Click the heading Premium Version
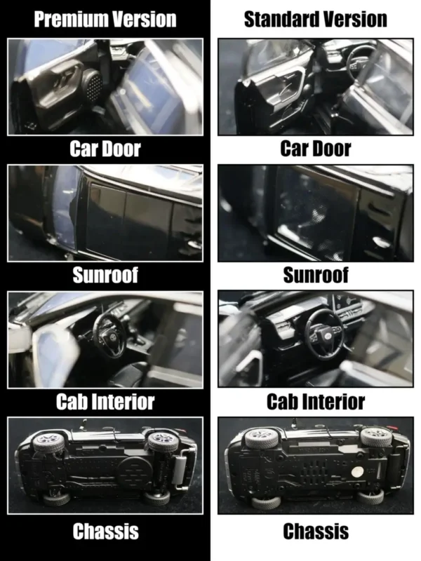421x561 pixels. click(x=105, y=19)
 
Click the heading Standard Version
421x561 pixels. click(x=315, y=19)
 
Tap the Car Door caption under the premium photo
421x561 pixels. click(x=105, y=149)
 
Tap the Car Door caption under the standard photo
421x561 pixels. click(x=315, y=149)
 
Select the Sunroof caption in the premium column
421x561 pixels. click(x=105, y=275)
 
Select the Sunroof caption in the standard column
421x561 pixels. click(x=315, y=275)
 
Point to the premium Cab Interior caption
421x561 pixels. click(x=105, y=401)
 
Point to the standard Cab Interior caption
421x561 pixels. click(x=315, y=401)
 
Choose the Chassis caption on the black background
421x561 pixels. click(x=106, y=531)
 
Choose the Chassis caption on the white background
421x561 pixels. click(x=316, y=531)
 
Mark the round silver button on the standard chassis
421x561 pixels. click(x=358, y=472)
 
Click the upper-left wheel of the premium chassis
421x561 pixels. click(x=49, y=441)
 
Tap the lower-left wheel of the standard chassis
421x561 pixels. click(x=266, y=501)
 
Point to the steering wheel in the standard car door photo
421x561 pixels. click(x=360, y=62)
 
